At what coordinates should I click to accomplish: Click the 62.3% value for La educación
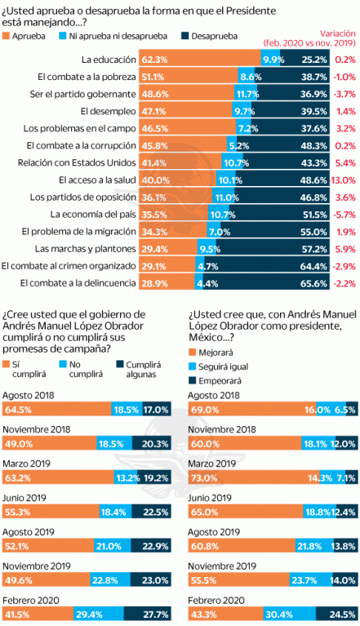pyautogui.click(x=155, y=60)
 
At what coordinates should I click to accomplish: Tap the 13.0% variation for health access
pyautogui.click(x=344, y=180)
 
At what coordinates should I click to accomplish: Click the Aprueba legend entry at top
pyautogui.click(x=26, y=37)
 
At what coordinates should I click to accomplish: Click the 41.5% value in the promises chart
pyautogui.click(x=17, y=615)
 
